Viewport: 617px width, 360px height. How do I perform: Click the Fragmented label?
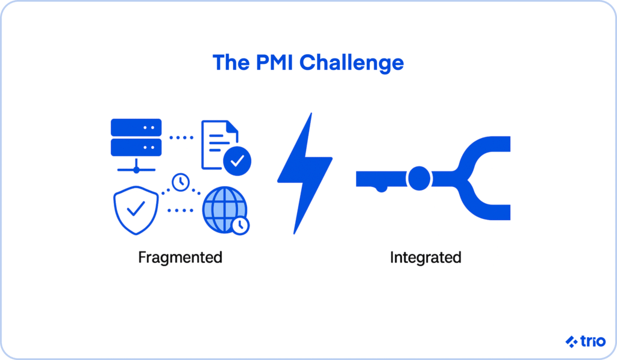click(x=180, y=257)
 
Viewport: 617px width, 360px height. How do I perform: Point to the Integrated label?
click(x=425, y=257)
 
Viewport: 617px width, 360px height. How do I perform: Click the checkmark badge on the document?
click(x=237, y=160)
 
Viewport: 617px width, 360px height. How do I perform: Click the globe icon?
click(x=224, y=208)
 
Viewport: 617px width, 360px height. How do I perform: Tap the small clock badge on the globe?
click(x=240, y=225)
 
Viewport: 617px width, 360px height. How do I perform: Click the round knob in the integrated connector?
click(x=419, y=178)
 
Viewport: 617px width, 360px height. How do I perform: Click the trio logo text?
click(x=587, y=341)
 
